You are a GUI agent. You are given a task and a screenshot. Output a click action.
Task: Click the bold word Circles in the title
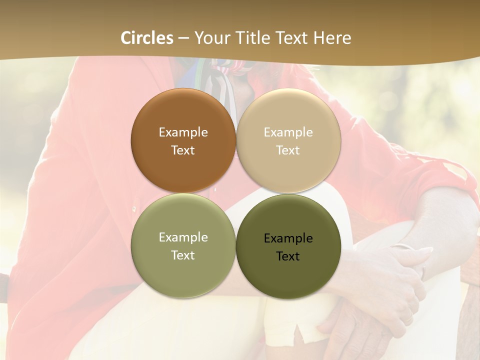[147, 38]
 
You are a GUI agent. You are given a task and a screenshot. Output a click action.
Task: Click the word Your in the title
[210, 38]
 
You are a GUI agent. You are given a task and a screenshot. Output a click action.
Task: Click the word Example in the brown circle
[183, 132]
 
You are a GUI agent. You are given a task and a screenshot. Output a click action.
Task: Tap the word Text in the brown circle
[183, 150]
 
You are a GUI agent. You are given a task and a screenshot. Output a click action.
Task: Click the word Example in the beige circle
[288, 132]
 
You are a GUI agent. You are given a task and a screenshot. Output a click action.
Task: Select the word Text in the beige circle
[288, 150]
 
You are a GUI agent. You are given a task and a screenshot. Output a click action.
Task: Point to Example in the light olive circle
[183, 237]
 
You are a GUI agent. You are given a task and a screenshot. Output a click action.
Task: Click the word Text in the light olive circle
[183, 255]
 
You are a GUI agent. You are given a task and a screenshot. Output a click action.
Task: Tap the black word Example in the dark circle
[288, 238]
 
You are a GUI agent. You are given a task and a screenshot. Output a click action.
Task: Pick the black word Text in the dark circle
[288, 256]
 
